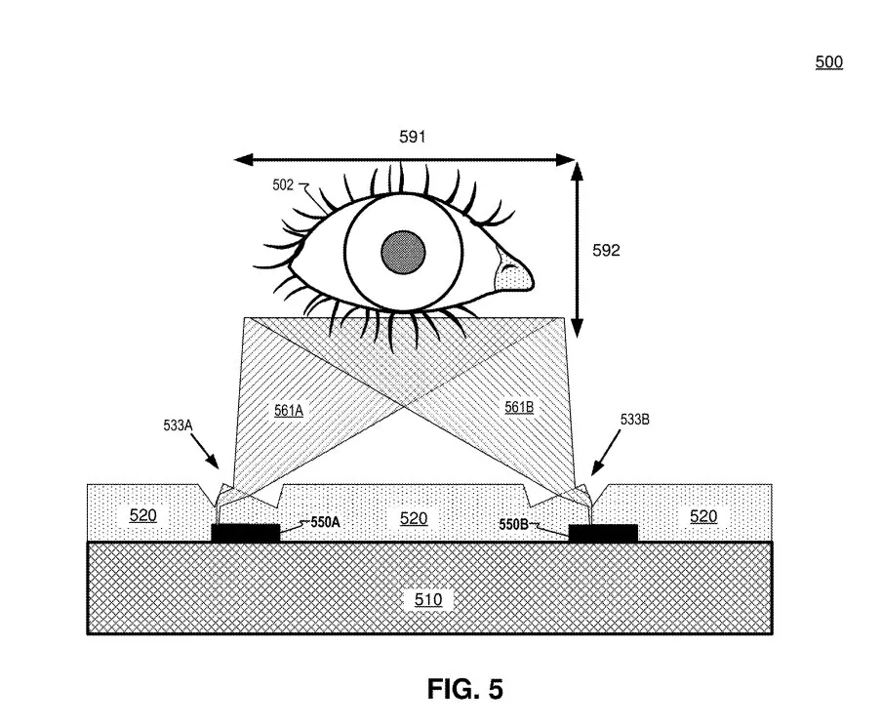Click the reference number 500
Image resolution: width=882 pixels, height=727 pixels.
pyautogui.click(x=828, y=61)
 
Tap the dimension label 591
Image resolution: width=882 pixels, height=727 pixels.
pyautogui.click(x=413, y=137)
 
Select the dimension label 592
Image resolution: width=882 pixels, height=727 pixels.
pyautogui.click(x=606, y=250)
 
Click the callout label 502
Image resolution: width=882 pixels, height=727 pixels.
pyautogui.click(x=283, y=184)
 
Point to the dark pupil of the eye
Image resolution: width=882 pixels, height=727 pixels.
pyautogui.click(x=403, y=252)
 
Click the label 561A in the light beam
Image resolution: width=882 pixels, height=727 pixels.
pyautogui.click(x=289, y=410)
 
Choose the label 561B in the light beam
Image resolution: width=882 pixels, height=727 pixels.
pyautogui.click(x=519, y=406)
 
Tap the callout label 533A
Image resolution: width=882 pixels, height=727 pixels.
pyautogui.click(x=178, y=424)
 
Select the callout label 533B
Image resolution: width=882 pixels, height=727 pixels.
pyautogui.click(x=634, y=420)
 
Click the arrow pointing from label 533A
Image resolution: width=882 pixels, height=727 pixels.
pyautogui.click(x=204, y=451)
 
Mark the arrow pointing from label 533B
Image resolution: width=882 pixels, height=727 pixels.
pyautogui.click(x=606, y=453)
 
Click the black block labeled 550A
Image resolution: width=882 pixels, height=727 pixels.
pyautogui.click(x=245, y=533)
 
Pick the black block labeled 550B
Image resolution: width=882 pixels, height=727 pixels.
pyautogui.click(x=604, y=533)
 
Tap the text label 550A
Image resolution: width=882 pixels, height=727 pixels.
pyautogui.click(x=325, y=522)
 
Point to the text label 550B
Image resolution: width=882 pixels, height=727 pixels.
pyautogui.click(x=513, y=524)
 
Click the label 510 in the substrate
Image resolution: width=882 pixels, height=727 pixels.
pyautogui.click(x=428, y=600)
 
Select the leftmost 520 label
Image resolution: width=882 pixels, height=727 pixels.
pyautogui.click(x=142, y=515)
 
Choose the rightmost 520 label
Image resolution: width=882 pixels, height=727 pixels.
pyautogui.click(x=703, y=516)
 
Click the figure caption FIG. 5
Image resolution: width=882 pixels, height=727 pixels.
pyautogui.click(x=464, y=689)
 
